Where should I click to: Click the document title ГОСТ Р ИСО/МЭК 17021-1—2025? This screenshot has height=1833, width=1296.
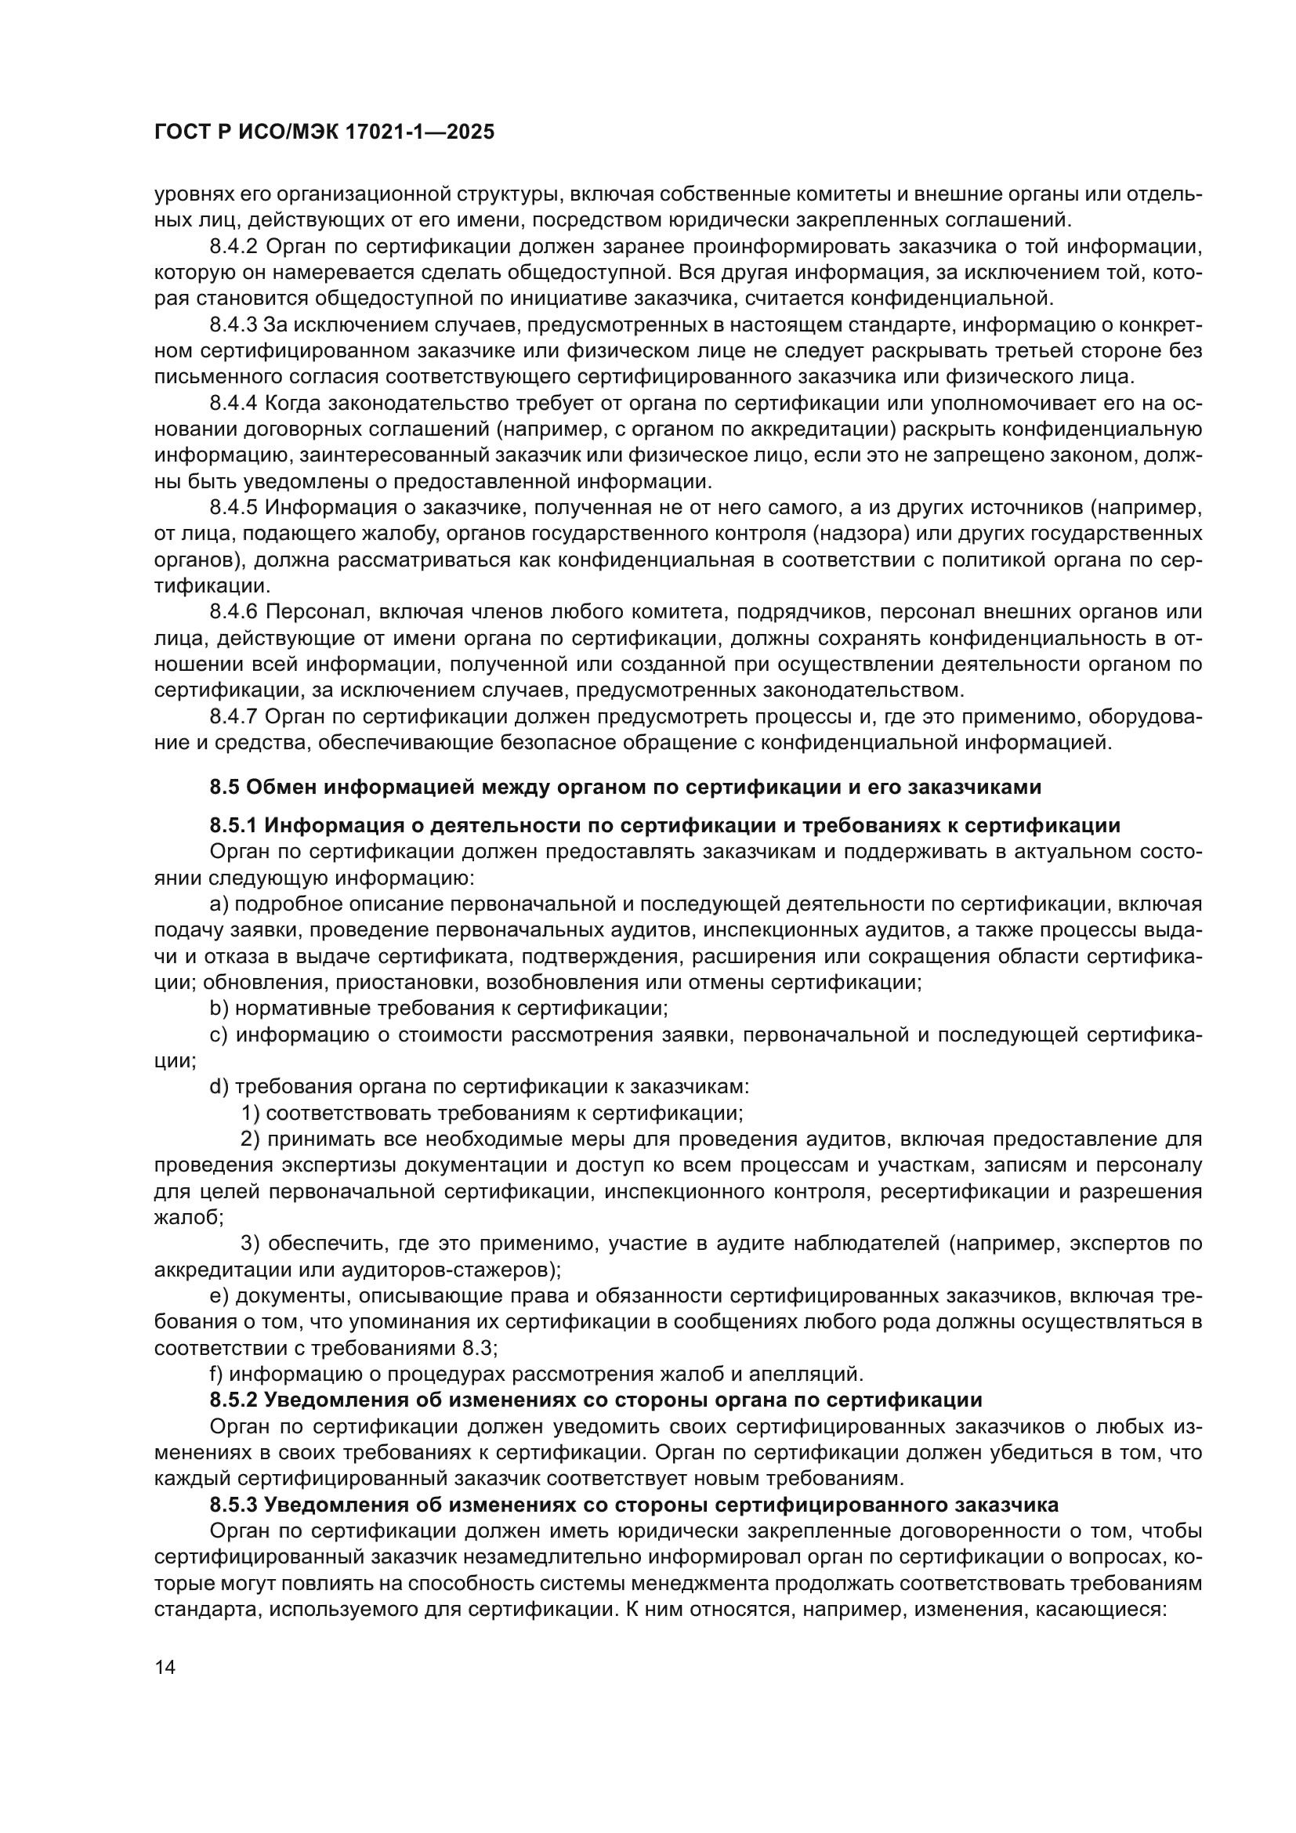324,132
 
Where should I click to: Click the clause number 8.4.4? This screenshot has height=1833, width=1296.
233,403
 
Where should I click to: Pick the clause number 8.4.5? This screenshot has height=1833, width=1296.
233,508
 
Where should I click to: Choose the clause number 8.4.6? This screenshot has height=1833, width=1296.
233,612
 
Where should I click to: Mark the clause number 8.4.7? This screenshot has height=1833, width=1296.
233,717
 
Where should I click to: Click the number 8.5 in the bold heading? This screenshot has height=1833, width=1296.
224,787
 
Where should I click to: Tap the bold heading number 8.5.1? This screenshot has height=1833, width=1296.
233,825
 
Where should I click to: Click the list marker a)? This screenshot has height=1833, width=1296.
219,904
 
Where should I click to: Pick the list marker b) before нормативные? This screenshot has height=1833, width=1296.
219,1009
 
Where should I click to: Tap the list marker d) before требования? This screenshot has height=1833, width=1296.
219,1086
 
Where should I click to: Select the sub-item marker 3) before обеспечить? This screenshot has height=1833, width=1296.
251,1243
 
